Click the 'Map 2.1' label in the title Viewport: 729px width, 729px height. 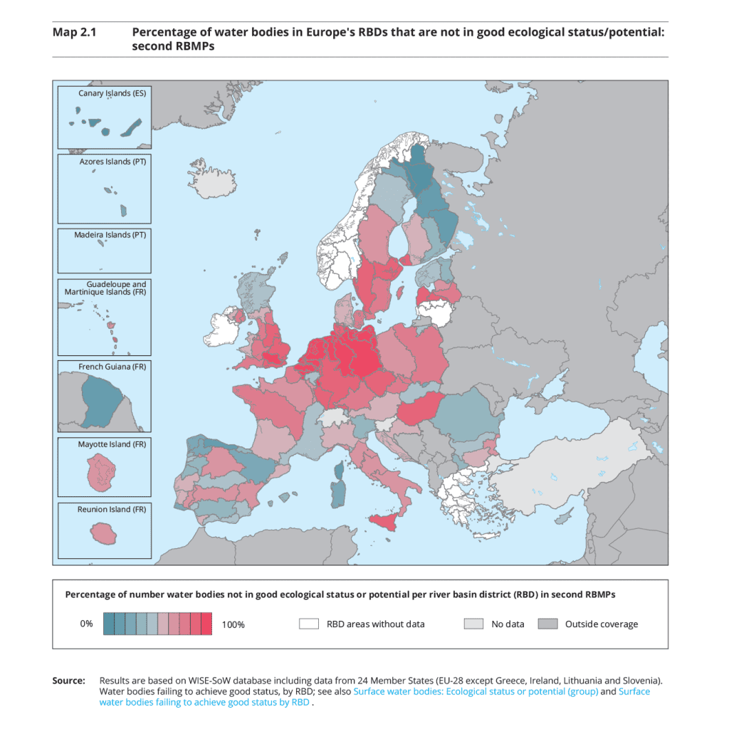[x=74, y=32]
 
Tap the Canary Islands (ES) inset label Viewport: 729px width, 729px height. [x=112, y=93]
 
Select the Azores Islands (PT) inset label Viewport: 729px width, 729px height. [x=112, y=162]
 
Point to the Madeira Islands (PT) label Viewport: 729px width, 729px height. [x=110, y=235]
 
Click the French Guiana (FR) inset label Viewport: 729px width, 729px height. [x=112, y=367]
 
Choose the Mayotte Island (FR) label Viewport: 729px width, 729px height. [x=112, y=444]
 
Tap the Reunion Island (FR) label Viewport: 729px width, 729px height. [x=112, y=510]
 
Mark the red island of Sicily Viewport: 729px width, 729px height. [x=389, y=521]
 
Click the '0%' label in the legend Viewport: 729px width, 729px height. [x=86, y=624]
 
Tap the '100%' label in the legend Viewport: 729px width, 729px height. [x=233, y=624]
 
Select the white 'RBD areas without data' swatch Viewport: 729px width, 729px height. [x=308, y=624]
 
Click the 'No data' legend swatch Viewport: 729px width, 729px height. [x=473, y=624]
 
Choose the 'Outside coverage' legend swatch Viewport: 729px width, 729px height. [x=547, y=624]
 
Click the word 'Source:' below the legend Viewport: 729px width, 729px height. [x=68, y=681]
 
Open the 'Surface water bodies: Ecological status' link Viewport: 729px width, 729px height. [x=476, y=691]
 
